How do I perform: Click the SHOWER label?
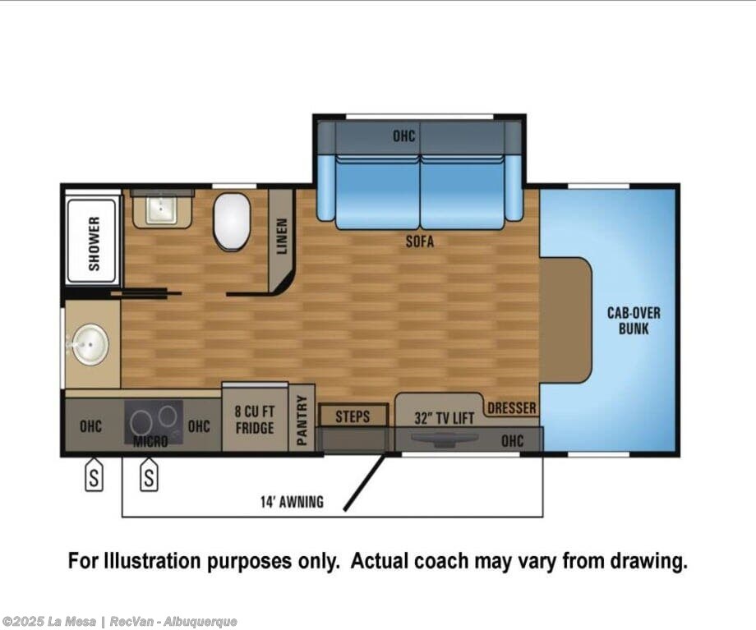pos(94,243)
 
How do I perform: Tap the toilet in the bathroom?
pos(232,222)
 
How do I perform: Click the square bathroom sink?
pos(161,209)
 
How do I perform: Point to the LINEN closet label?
pos(282,237)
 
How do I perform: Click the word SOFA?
pos(419,241)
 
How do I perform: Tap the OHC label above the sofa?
pos(403,136)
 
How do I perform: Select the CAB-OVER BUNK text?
pos(634,321)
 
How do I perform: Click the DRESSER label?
pos(512,408)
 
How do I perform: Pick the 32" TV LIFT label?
pos(444,418)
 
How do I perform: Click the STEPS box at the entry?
pos(353,416)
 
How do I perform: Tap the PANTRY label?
pos(302,421)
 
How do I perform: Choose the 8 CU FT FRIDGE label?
pos(255,420)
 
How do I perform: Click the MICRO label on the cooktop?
pos(150,441)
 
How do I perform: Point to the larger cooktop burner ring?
pos(141,423)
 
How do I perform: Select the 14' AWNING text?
pos(293,502)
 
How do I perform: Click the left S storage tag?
pos(94,476)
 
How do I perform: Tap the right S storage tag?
pos(149,476)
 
